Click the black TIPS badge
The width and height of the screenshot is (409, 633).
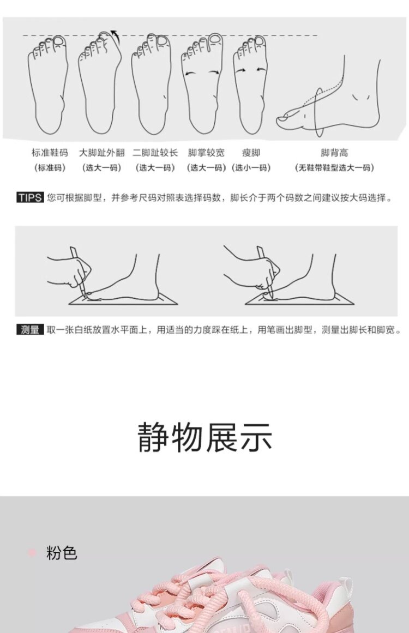click(x=31, y=198)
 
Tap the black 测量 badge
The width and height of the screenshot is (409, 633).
click(x=29, y=330)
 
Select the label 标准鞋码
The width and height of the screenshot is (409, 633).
click(x=50, y=153)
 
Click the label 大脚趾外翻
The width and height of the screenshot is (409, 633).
click(x=101, y=153)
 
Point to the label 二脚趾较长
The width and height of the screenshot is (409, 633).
click(x=155, y=153)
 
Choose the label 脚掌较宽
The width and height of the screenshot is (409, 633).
click(x=206, y=153)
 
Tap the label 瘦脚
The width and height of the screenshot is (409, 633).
click(x=251, y=153)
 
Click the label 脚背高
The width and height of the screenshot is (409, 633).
click(x=334, y=153)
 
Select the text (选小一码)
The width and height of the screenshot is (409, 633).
click(x=251, y=168)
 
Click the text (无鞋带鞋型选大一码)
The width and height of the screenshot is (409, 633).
click(x=334, y=168)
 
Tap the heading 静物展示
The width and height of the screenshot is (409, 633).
click(x=204, y=437)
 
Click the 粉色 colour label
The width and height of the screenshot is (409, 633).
click(x=62, y=553)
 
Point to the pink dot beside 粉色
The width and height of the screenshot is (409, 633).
click(x=32, y=553)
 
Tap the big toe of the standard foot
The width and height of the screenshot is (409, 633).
click(x=59, y=41)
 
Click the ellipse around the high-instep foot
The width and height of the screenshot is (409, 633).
click(x=319, y=113)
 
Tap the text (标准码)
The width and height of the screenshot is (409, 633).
click(x=50, y=168)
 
